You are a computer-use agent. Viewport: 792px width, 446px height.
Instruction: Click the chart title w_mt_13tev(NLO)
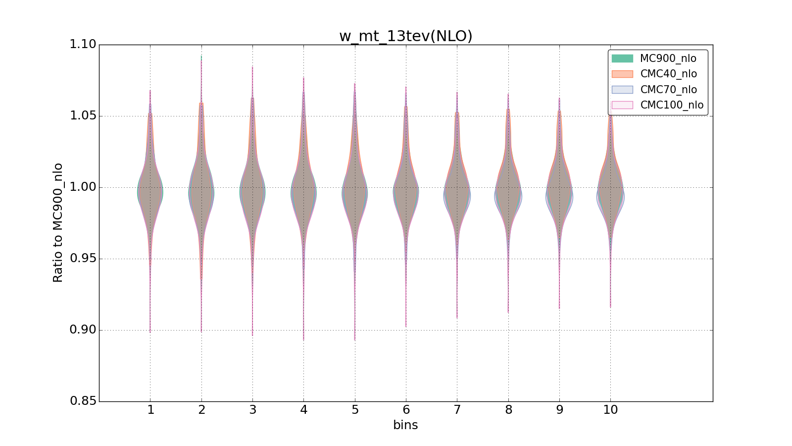coord(405,36)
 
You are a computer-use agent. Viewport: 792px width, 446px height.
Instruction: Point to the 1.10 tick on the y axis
coord(83,45)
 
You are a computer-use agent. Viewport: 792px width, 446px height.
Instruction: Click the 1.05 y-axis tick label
coord(83,116)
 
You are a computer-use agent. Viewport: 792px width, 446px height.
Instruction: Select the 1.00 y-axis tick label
coord(83,187)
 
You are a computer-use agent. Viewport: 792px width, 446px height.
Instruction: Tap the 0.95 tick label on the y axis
coord(83,259)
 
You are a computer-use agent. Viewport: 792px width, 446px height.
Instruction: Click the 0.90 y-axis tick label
coord(83,330)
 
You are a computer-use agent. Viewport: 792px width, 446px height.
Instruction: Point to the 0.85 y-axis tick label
coord(83,401)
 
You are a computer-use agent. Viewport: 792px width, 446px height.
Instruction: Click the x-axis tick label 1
coord(150,410)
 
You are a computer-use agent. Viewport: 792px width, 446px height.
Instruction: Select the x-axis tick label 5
coord(355,410)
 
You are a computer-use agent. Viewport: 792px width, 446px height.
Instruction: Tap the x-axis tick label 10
coord(610,410)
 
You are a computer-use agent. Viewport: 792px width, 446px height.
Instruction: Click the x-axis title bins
coord(405,425)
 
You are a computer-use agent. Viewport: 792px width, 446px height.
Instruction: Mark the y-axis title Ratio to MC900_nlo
coord(58,223)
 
